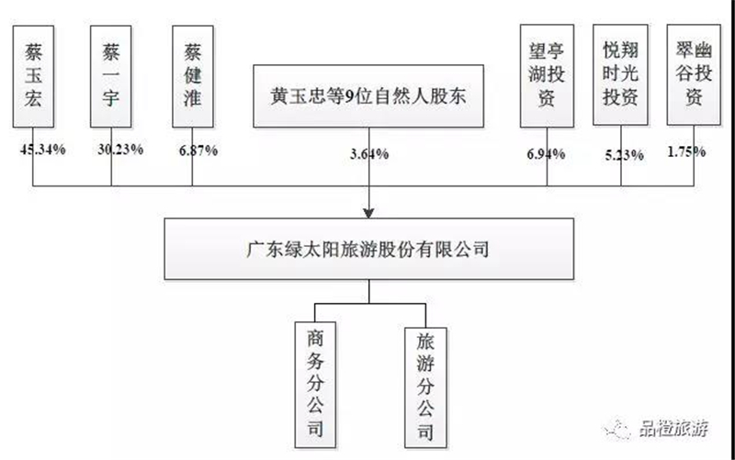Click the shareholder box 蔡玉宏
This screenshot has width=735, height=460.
pos(33,76)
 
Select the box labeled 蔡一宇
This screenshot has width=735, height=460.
pos(111,76)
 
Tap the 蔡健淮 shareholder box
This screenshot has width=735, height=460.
pos(193,76)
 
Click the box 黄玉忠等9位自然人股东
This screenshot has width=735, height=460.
pos(368,96)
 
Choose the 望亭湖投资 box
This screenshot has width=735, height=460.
pos(547,76)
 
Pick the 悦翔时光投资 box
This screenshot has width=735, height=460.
pos(621,75)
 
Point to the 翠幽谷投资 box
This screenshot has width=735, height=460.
pos(694,75)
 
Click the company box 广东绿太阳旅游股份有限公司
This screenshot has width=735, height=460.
pos(369,249)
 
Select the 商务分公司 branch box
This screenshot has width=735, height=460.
pos(315,385)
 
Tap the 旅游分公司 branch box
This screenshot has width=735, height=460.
pos(425,387)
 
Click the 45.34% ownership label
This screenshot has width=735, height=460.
pos(42,150)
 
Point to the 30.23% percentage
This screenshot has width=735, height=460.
pos(120,150)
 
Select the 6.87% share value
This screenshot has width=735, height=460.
pos(198,151)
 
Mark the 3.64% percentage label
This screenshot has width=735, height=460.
pos(369,153)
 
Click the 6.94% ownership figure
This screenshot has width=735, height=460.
pos(546,153)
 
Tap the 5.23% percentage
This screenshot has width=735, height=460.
pos(625,155)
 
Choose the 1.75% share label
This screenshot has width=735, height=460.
pos(686,151)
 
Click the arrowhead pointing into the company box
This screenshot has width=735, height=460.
pos(369,213)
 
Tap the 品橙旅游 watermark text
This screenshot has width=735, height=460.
pos(673,428)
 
